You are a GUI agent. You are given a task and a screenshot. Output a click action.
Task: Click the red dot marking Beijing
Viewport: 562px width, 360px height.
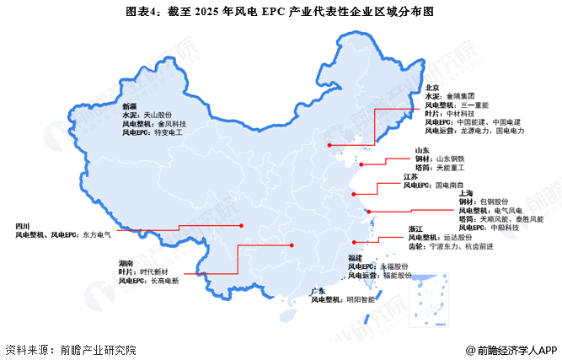click(x=330, y=145)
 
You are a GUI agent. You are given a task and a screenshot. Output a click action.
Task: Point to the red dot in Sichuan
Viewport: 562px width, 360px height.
click(x=243, y=225)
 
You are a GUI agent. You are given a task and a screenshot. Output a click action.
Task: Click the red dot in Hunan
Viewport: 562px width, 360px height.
click(x=292, y=245)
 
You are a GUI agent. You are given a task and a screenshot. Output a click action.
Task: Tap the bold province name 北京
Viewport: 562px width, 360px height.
click(x=432, y=87)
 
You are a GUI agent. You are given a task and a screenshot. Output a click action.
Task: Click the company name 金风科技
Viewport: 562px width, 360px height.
click(x=172, y=123)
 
